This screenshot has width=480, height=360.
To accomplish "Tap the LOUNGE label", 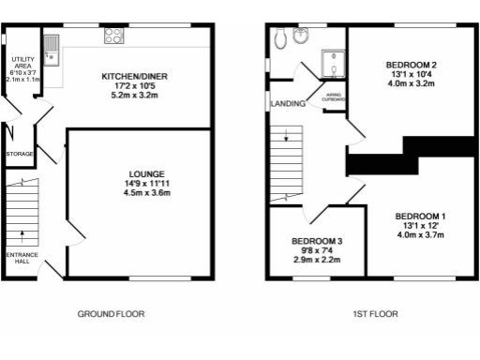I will [x=147, y=173].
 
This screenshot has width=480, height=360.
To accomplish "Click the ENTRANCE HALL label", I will [x=19, y=259].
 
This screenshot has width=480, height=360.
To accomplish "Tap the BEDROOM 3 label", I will [x=316, y=241].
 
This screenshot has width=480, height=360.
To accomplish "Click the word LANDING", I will [x=286, y=102].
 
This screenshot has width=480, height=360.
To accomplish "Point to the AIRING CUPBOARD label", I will [x=334, y=97].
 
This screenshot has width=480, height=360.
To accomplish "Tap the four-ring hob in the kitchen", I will [x=113, y=37].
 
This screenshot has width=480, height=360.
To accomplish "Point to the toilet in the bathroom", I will [x=300, y=37].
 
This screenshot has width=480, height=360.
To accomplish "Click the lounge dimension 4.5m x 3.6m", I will [x=147, y=194].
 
